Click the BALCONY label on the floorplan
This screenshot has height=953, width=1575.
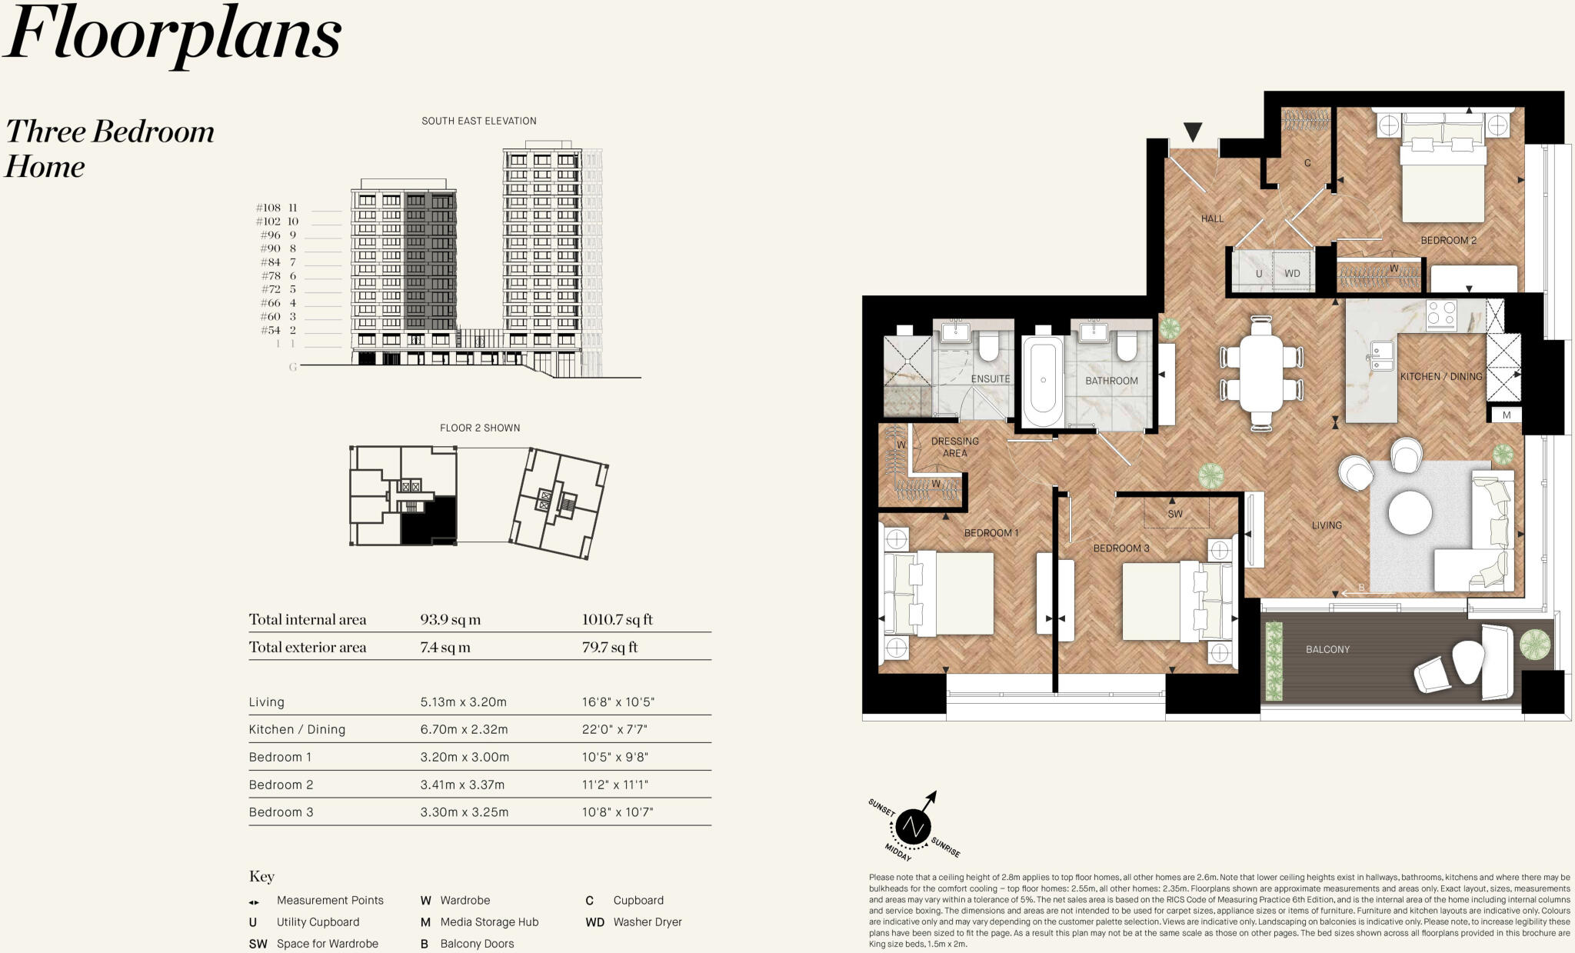coord(1327,649)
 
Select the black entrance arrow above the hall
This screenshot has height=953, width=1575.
coord(1192,132)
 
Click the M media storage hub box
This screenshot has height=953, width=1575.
coord(1506,415)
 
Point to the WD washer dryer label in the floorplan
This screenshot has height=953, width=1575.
coord(1292,274)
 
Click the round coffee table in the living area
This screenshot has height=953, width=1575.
coord(1410,511)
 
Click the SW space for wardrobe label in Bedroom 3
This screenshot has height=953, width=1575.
coord(1175,514)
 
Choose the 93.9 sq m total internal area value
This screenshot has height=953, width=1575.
coord(450,619)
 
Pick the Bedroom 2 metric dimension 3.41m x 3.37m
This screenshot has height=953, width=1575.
coord(462,785)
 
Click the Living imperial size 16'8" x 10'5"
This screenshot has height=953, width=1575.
coord(618,701)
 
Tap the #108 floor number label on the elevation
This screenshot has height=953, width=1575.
coord(268,208)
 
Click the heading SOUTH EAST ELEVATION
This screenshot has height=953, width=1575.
coord(478,121)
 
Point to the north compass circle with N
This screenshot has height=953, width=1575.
coord(913,828)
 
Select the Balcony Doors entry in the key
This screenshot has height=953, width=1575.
coord(476,944)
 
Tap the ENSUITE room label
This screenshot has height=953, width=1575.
coord(990,379)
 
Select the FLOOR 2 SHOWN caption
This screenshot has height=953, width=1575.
coord(479,428)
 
